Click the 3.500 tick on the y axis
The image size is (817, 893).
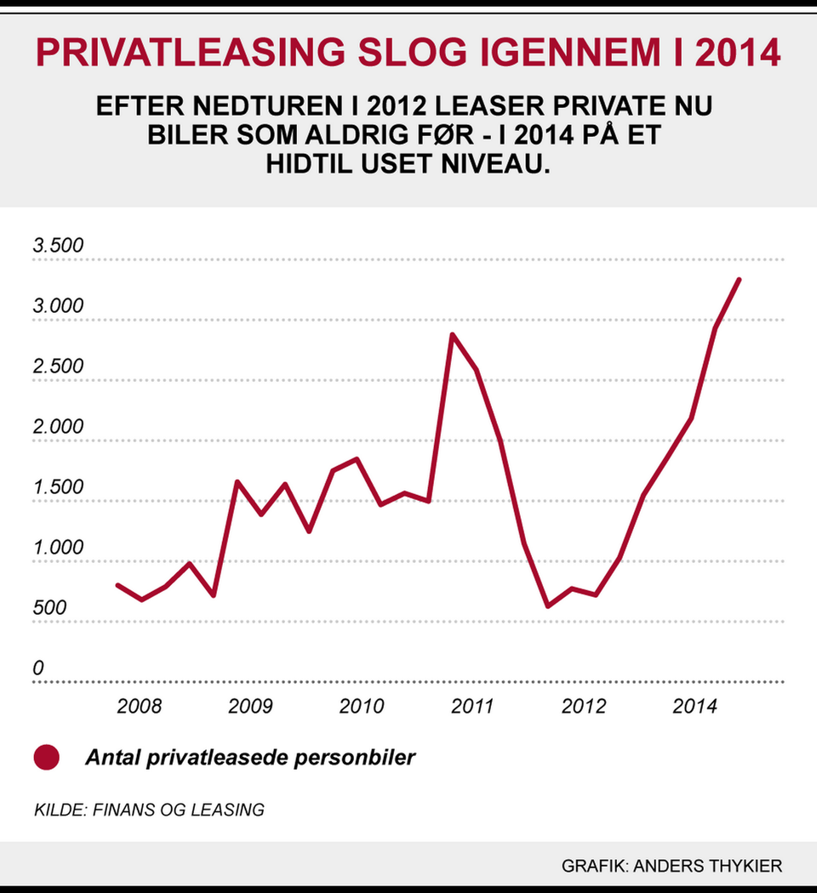click(59, 247)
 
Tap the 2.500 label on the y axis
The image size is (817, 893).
click(59, 367)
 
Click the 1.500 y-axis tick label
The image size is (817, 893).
click(59, 488)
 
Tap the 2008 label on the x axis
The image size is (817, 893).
click(140, 707)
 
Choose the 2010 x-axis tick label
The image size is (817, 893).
click(362, 707)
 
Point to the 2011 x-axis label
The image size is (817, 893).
click(472, 707)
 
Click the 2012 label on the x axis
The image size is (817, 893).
click(584, 707)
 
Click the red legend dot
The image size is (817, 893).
click(46, 757)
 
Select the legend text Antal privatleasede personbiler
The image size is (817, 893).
click(250, 757)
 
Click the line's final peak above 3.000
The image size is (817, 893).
click(739, 280)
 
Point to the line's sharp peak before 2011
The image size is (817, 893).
click(453, 334)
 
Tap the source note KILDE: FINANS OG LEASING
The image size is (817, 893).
click(149, 810)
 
